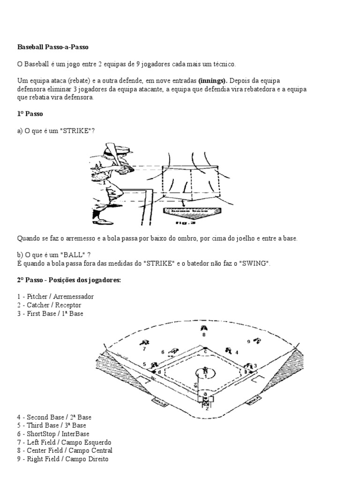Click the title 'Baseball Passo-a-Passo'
(x=52, y=47)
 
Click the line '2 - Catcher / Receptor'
(x=49, y=305)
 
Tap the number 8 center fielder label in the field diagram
(x=204, y=335)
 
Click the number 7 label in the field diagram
(x=144, y=349)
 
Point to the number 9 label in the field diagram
(x=248, y=342)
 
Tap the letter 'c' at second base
(x=205, y=352)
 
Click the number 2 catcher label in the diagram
(x=205, y=408)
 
